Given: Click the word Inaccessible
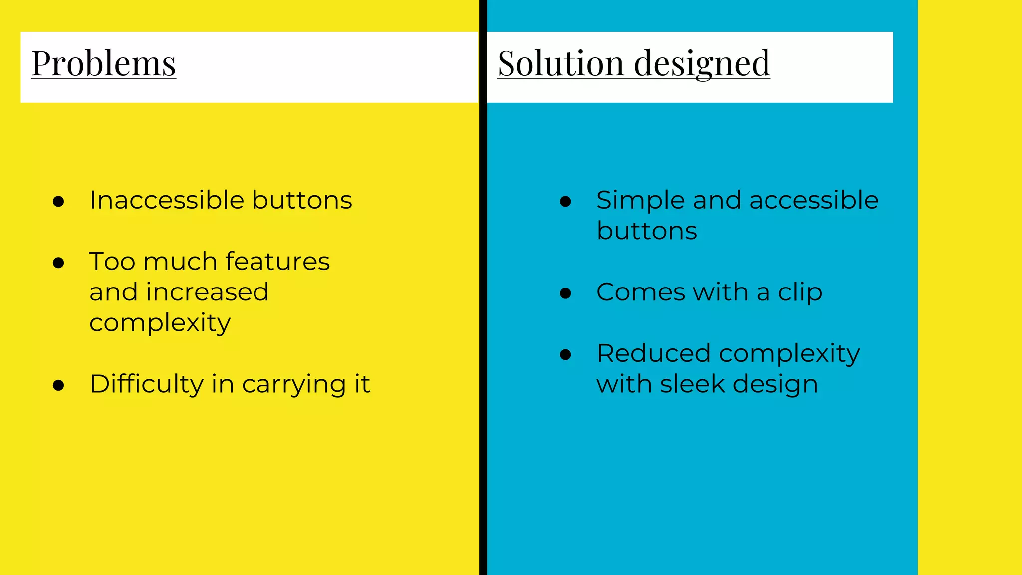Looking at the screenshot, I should pyautogui.click(x=167, y=200).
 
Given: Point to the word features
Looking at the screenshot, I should pyautogui.click(x=277, y=262).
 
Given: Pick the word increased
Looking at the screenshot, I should pyautogui.click(x=207, y=292).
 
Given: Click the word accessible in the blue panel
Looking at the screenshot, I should pyautogui.click(x=813, y=200).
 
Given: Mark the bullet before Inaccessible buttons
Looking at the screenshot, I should pyautogui.click(x=58, y=201).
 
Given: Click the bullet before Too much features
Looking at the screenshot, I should pyautogui.click(x=58, y=263).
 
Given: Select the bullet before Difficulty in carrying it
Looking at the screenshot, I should pyautogui.click(x=58, y=385).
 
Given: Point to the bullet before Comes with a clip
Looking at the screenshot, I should pyautogui.click(x=565, y=293).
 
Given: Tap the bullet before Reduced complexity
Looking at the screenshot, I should pyautogui.click(x=565, y=355).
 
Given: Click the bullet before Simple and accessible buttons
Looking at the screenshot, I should pyautogui.click(x=565, y=201).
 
